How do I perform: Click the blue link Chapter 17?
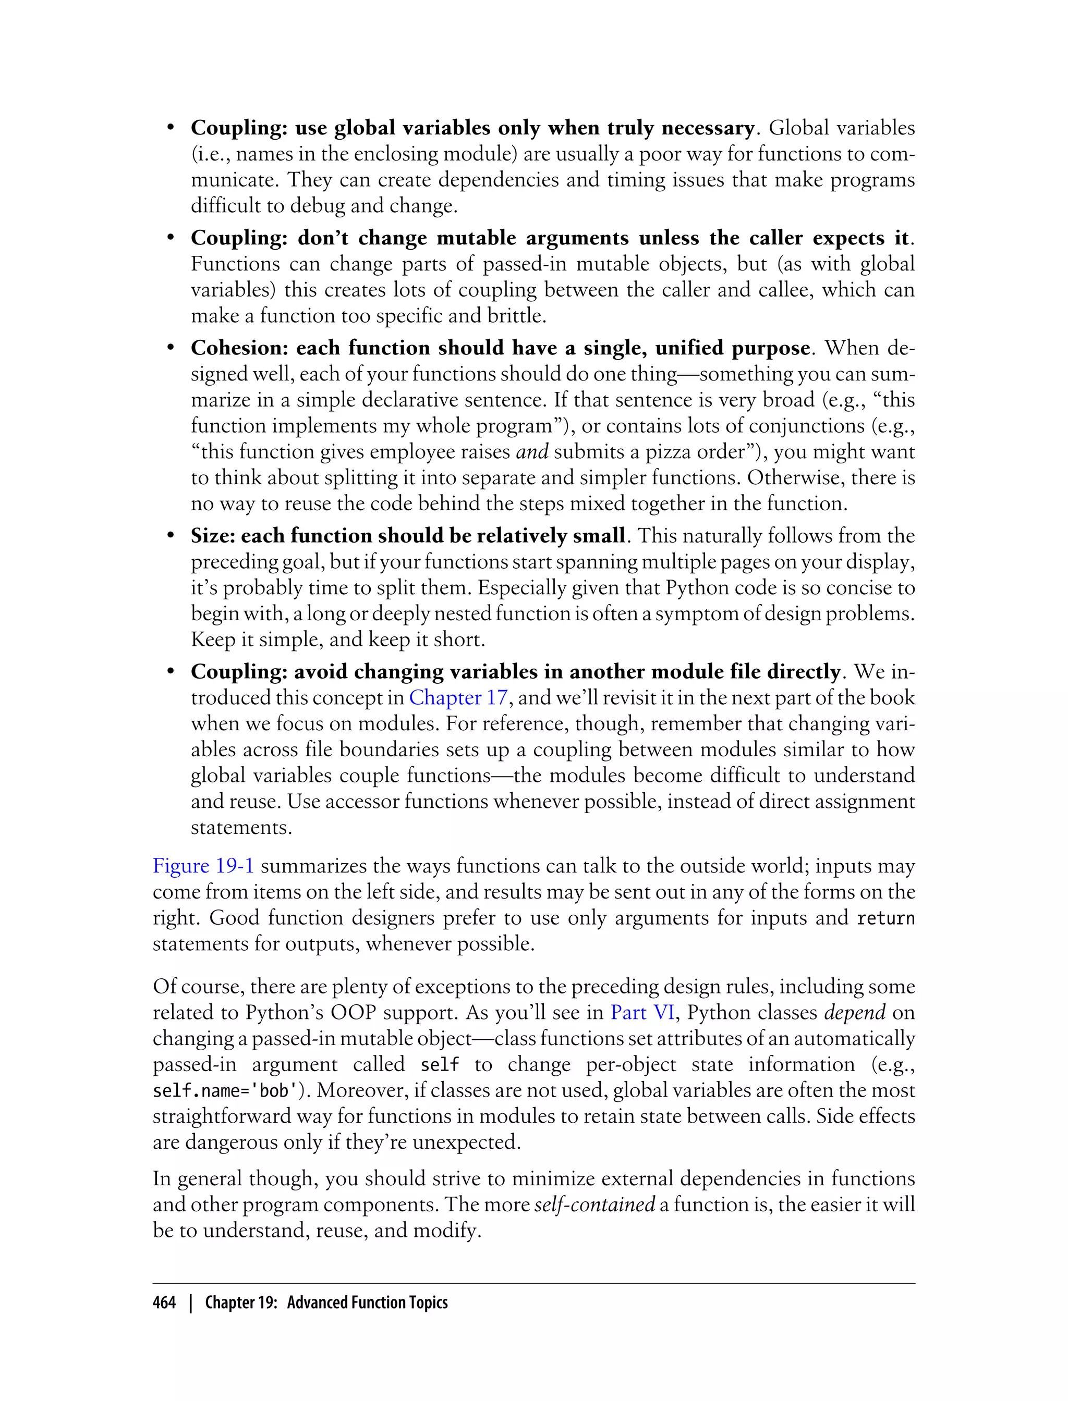[458, 698]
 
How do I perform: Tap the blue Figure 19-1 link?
[203, 866]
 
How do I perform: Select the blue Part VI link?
[642, 1012]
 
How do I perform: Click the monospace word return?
[885, 919]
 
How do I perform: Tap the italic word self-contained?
[594, 1205]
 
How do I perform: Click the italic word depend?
[854, 1012]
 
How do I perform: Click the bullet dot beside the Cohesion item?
[171, 348]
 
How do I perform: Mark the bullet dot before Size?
[171, 536]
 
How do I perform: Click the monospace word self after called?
[440, 1065]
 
